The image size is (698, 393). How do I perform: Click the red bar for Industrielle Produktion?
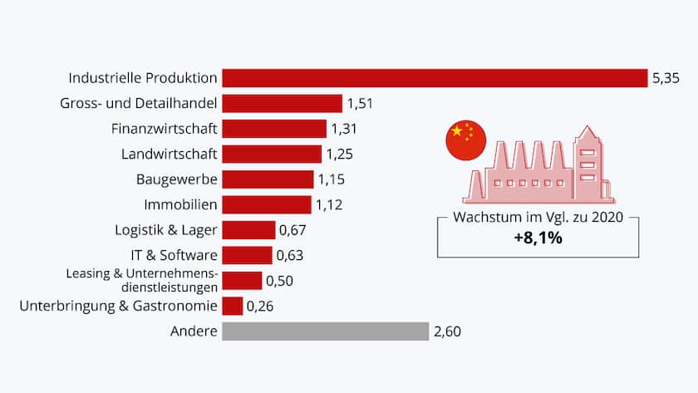[x=435, y=78]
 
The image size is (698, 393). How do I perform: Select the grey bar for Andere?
[x=326, y=332]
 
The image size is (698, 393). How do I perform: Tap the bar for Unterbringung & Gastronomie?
[x=233, y=307]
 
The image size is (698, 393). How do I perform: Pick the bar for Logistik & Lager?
[x=248, y=230]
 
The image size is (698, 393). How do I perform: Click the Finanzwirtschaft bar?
[x=274, y=129]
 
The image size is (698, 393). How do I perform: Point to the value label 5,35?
[x=666, y=78]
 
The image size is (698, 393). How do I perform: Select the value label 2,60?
[x=446, y=332]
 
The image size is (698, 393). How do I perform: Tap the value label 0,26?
[x=260, y=307]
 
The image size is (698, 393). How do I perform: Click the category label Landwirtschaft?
[x=170, y=154]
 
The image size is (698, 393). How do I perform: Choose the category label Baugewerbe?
[x=176, y=179]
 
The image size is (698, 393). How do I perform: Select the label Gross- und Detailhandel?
[x=139, y=104]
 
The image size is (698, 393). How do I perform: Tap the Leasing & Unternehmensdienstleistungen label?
[x=142, y=280]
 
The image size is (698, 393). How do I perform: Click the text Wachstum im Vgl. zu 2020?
[x=538, y=218]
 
